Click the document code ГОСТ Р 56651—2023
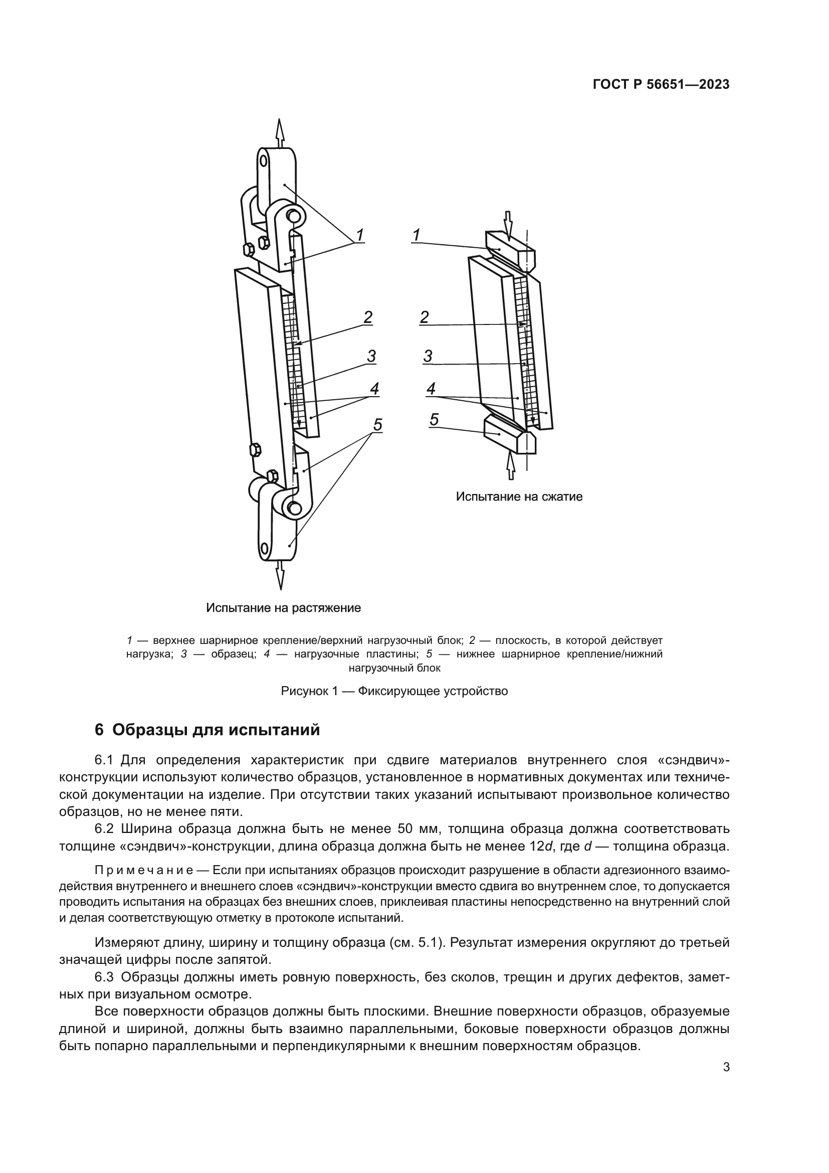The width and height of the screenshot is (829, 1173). tap(661, 85)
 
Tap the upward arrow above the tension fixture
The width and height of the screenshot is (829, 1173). tap(279, 132)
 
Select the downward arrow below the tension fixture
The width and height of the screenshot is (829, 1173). tap(279, 574)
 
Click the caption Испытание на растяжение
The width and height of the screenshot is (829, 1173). tap(283, 608)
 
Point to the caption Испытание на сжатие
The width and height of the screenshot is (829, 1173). tap(519, 496)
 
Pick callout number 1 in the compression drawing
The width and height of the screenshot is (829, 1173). tap(417, 235)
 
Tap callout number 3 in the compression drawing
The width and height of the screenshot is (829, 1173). tap(428, 356)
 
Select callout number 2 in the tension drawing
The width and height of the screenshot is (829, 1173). tap(368, 317)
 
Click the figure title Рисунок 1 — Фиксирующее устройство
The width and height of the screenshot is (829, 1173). tap(394, 691)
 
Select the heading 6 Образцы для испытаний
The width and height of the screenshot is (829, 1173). tap(208, 730)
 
